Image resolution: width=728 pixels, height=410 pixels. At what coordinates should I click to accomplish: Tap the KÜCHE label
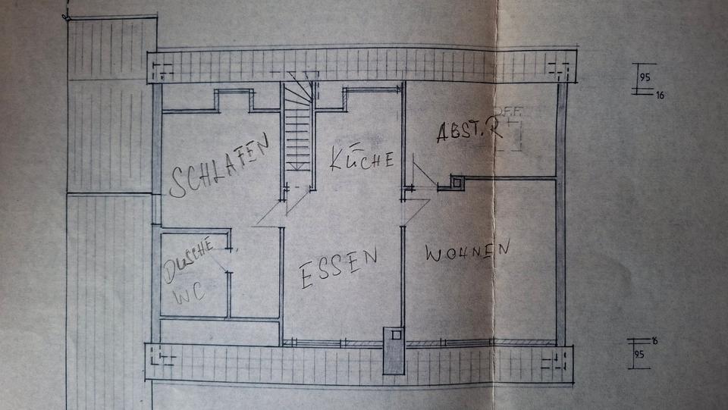tap(362, 158)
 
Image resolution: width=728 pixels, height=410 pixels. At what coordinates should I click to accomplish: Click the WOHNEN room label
tap(466, 252)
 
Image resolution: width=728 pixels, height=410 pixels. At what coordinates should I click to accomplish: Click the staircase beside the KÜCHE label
tap(298, 129)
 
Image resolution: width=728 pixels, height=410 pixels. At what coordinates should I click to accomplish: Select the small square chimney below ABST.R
tap(457, 182)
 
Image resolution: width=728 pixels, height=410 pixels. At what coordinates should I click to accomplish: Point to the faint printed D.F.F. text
tap(509, 110)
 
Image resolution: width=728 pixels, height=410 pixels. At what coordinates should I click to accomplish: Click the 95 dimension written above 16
tap(645, 77)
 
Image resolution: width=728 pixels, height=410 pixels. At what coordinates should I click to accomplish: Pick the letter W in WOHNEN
tap(434, 255)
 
